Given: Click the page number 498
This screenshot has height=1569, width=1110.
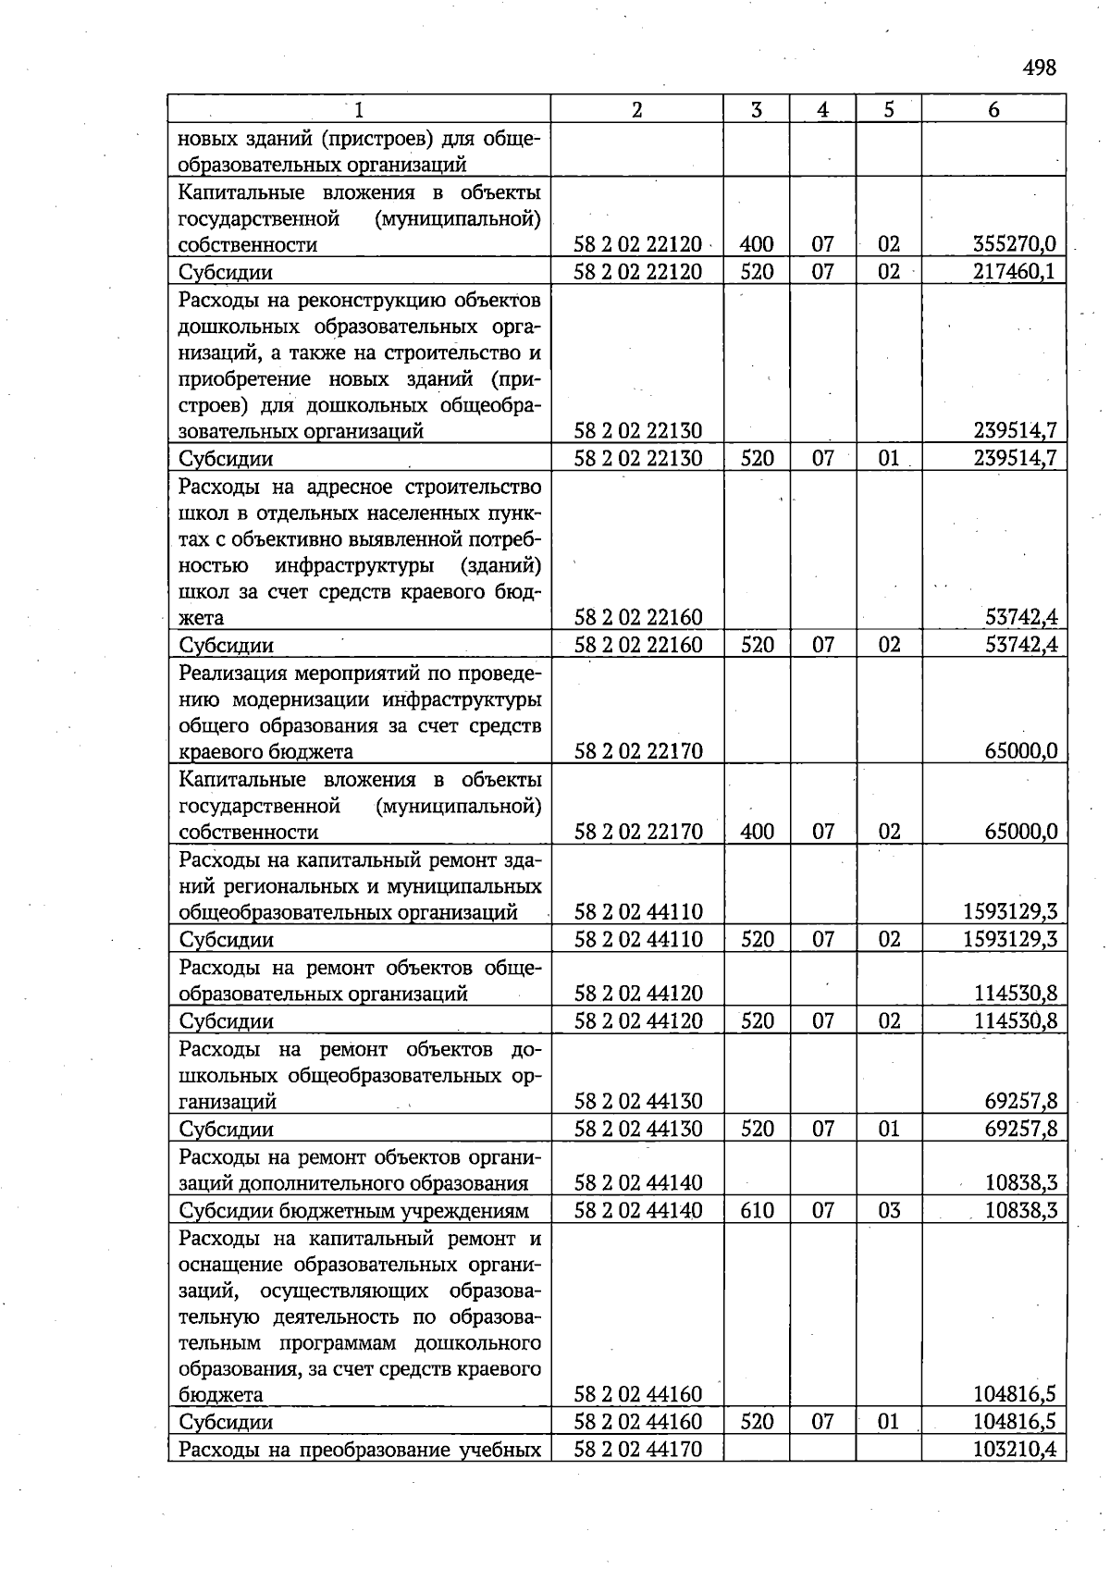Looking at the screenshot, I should (x=1040, y=68).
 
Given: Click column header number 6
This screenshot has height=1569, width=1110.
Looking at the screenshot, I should (x=993, y=109).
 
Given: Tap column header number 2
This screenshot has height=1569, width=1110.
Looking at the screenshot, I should (x=636, y=109).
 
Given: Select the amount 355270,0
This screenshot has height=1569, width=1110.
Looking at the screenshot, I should (x=1015, y=245).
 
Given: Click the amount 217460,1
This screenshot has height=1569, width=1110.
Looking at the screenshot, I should (x=1015, y=272).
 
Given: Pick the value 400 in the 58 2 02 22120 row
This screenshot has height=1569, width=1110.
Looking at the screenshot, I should (x=757, y=245).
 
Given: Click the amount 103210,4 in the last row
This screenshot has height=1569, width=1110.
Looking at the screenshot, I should (x=1015, y=1449).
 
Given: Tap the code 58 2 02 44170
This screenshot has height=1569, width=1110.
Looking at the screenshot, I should (x=638, y=1449).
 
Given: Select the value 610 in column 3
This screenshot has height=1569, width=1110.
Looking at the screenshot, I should (x=757, y=1210).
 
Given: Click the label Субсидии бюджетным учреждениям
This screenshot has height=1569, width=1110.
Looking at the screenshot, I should (x=353, y=1210).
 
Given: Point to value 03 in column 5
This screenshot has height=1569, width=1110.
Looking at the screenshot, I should (x=888, y=1210).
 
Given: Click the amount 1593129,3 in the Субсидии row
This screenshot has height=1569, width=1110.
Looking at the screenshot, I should (x=1010, y=940).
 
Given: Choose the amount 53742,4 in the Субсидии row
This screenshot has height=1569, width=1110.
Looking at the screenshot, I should (x=1021, y=645).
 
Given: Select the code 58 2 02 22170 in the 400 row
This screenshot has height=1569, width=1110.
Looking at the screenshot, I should (x=638, y=832).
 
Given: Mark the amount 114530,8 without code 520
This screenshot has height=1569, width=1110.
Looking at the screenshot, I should (x=1015, y=994).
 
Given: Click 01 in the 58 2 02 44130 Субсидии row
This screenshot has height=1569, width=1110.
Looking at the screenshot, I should (x=888, y=1129).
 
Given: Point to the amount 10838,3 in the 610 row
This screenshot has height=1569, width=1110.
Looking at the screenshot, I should (x=1021, y=1210).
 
